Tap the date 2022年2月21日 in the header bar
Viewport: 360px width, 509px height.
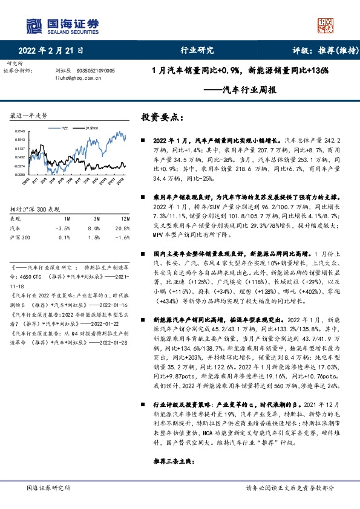pos(51,51)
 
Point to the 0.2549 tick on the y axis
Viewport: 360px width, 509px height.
pos(20,131)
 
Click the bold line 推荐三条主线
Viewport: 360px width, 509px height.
pos(172,461)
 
